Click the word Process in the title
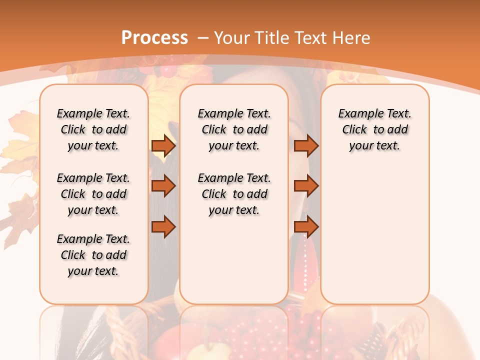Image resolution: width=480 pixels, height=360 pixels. (154, 38)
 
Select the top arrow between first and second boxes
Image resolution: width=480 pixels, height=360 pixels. (163, 145)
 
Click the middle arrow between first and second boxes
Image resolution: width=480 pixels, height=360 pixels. (163, 186)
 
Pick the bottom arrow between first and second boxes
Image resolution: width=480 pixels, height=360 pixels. (163, 227)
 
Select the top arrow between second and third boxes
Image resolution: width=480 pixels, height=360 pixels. (306, 145)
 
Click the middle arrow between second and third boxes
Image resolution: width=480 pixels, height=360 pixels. (306, 186)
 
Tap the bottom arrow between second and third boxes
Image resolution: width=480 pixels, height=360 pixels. (306, 227)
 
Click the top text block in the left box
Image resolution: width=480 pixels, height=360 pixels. (93, 129)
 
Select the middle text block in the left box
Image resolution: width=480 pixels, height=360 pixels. (93, 194)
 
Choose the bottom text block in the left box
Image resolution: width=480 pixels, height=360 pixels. (93, 255)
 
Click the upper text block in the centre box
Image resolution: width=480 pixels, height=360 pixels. (234, 129)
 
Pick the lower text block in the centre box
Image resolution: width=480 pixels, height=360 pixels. (234, 194)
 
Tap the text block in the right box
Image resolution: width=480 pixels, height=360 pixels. (374, 129)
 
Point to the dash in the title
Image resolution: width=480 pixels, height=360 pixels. (203, 38)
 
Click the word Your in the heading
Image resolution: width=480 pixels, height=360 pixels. (232, 38)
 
